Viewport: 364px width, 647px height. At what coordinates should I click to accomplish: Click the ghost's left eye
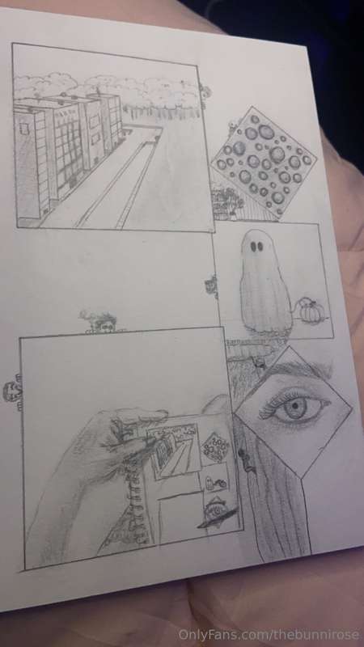[252, 247]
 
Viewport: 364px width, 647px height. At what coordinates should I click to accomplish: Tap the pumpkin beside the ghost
[309, 311]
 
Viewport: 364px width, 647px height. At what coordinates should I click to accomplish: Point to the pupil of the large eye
[296, 406]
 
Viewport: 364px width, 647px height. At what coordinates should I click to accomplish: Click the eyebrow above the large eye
[297, 369]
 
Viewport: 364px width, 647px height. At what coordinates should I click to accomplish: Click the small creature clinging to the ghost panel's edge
[212, 285]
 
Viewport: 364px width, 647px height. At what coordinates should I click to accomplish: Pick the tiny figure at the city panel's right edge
[204, 91]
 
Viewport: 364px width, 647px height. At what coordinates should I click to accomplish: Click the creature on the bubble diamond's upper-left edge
[234, 125]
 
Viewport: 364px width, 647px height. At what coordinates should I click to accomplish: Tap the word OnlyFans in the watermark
[201, 635]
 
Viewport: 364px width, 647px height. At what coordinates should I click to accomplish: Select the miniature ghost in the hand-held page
[210, 480]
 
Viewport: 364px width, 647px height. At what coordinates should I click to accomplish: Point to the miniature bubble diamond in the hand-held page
[216, 447]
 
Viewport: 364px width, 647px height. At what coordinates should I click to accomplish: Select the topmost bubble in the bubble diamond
[256, 119]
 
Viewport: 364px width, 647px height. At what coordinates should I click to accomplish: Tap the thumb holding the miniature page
[136, 417]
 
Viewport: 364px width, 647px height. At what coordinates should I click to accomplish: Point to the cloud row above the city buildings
[108, 88]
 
